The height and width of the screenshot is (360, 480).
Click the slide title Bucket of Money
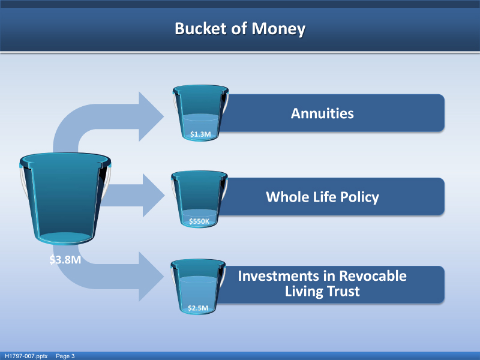(240, 29)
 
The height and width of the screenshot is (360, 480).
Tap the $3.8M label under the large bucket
(65, 260)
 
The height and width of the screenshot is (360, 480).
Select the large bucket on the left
(65, 198)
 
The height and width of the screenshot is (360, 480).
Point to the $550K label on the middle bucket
(199, 221)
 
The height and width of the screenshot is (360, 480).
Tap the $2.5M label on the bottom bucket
(198, 308)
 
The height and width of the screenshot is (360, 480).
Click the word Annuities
(322, 113)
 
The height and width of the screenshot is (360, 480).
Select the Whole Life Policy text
(322, 197)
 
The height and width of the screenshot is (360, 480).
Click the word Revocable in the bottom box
(372, 276)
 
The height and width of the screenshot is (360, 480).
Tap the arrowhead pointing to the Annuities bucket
(151, 116)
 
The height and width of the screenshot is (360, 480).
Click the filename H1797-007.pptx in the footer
(26, 356)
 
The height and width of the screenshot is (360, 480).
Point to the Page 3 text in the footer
(65, 356)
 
